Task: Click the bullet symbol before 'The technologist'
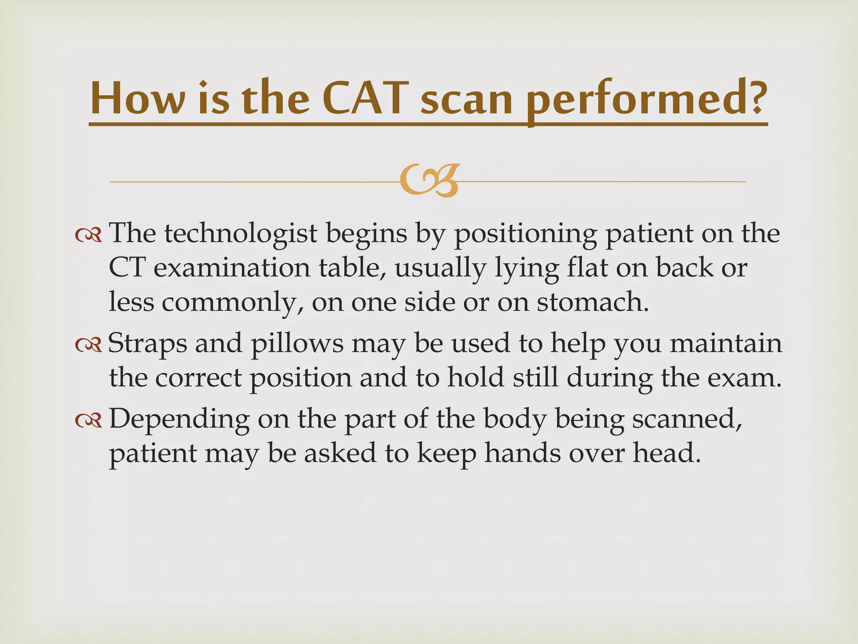[x=88, y=236]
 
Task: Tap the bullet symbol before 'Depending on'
[x=88, y=421]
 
